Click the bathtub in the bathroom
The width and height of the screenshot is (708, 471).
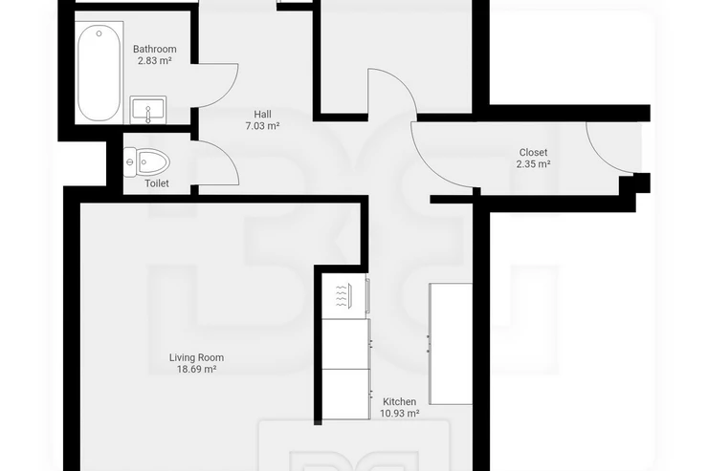point(99,73)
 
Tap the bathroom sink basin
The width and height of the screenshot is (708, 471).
point(148,110)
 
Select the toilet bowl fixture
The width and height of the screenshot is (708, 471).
point(146,161)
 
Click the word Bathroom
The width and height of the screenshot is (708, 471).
point(154,49)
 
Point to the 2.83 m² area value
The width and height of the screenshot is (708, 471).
point(154,60)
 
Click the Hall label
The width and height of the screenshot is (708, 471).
point(262,114)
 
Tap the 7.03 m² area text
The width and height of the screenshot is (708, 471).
point(262,126)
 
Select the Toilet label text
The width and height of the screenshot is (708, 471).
point(157,183)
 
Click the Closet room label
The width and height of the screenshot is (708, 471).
point(533,152)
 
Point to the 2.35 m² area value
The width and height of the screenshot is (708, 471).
point(533,164)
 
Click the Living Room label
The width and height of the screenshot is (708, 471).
point(196,357)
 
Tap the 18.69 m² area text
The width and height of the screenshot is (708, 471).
point(196,369)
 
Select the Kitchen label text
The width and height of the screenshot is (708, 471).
point(400,401)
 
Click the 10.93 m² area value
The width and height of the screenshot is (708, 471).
point(400,414)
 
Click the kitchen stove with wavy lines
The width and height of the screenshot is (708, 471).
point(345,296)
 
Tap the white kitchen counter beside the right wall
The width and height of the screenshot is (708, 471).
point(451,344)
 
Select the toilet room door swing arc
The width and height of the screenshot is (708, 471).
point(227,155)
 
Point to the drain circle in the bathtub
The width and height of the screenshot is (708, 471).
point(99,33)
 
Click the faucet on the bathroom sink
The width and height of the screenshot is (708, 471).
point(148,114)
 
